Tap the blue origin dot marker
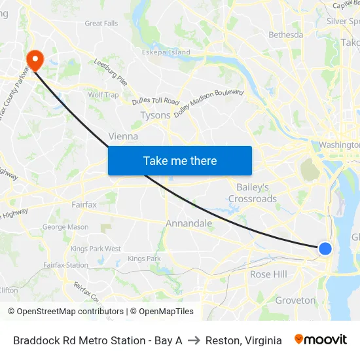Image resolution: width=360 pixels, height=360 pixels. [x=325, y=249]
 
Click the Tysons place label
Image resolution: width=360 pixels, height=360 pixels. [x=155, y=115]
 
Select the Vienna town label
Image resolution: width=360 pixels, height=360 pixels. [x=123, y=137]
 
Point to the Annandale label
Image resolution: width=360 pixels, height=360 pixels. [x=189, y=223]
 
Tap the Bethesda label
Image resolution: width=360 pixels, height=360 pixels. [x=286, y=35]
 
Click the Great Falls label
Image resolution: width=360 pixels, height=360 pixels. [x=101, y=24]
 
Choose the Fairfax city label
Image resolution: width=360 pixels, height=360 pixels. [x=84, y=205]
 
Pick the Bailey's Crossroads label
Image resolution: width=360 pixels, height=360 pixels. [x=252, y=193]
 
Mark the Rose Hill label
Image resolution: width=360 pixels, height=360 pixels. [x=268, y=274]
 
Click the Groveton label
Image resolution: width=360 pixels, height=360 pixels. [x=295, y=300]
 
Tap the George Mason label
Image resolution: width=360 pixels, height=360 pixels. [x=65, y=227]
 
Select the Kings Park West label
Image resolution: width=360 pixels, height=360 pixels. [x=96, y=249]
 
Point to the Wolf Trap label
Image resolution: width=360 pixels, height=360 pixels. [x=103, y=95]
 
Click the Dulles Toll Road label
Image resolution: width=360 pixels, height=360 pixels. [x=155, y=101]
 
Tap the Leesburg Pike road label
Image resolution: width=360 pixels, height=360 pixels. [x=111, y=72]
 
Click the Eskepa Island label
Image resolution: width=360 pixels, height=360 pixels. [x=166, y=52]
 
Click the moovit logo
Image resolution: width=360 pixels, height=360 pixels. [x=321, y=340]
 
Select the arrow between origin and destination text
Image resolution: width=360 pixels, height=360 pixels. [x=194, y=340]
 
